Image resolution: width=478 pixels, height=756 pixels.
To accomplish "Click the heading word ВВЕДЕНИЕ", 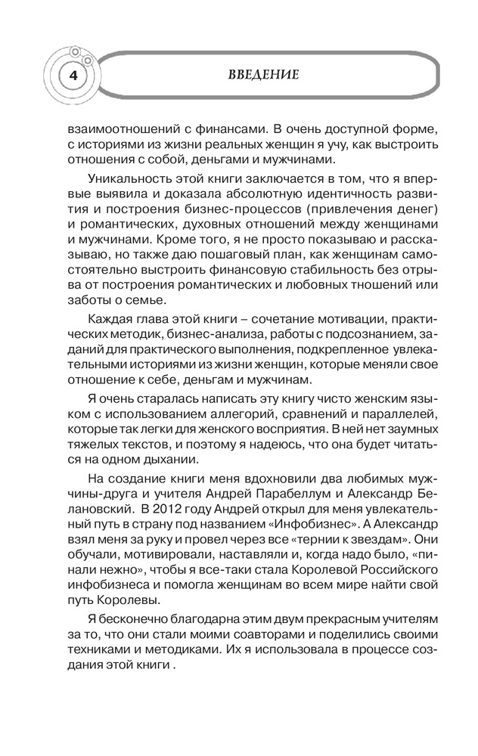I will click(265, 74).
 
